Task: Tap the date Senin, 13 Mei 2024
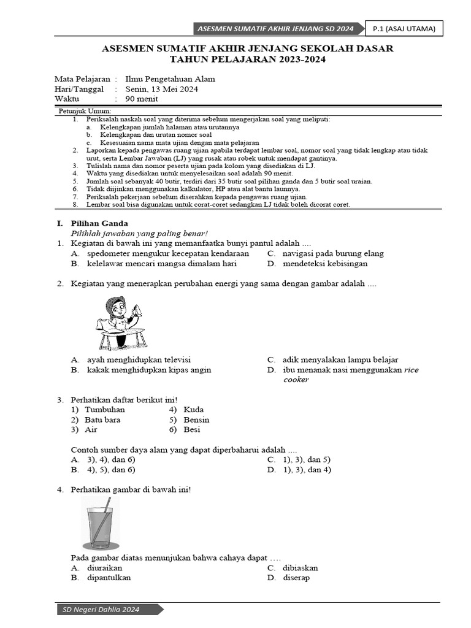point(161,89)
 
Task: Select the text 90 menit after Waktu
point(142,99)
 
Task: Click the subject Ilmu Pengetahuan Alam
point(170,79)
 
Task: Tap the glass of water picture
point(101,525)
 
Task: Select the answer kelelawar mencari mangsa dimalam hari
point(162,264)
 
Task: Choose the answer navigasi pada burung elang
point(333,253)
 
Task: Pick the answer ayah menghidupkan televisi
point(139,359)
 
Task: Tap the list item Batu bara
point(102,420)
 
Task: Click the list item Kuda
point(194,410)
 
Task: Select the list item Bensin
point(196,420)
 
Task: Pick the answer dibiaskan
point(301,568)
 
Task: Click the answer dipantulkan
point(109,578)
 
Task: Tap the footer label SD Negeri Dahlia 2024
point(102,610)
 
